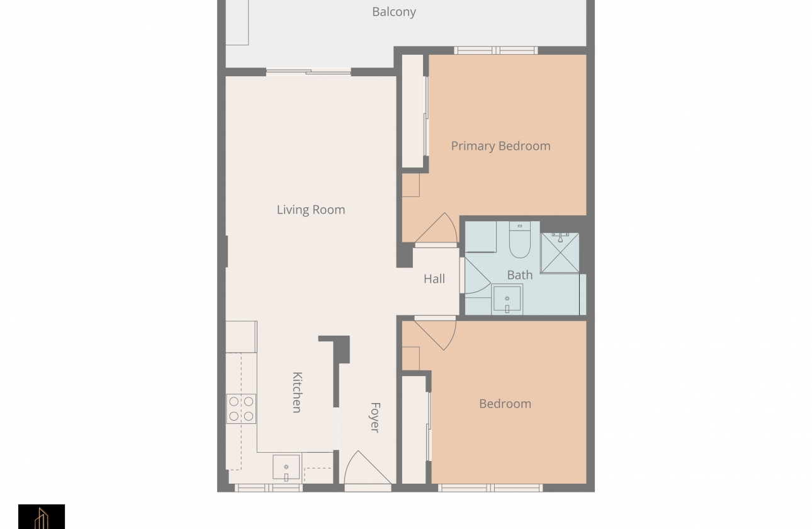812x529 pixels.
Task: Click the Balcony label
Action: click(x=393, y=12)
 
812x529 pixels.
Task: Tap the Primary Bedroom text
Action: click(x=500, y=146)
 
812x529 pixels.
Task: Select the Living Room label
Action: click(x=311, y=210)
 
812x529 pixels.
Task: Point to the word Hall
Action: click(x=434, y=279)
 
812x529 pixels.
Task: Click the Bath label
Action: click(x=519, y=275)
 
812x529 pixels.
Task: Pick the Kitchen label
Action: click(x=297, y=392)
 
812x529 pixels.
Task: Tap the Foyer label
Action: click(x=375, y=417)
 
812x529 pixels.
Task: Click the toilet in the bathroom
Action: click(x=519, y=241)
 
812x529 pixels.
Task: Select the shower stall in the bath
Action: click(x=560, y=253)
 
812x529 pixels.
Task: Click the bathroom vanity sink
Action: click(x=507, y=299)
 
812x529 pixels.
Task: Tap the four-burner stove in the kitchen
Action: click(x=241, y=408)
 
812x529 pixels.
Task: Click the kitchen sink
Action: click(x=286, y=467)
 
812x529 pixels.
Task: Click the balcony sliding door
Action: click(x=308, y=72)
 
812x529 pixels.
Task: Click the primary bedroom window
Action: click(x=495, y=50)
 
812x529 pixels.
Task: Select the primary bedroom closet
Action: click(x=413, y=111)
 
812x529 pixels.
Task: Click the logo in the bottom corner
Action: click(x=42, y=516)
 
